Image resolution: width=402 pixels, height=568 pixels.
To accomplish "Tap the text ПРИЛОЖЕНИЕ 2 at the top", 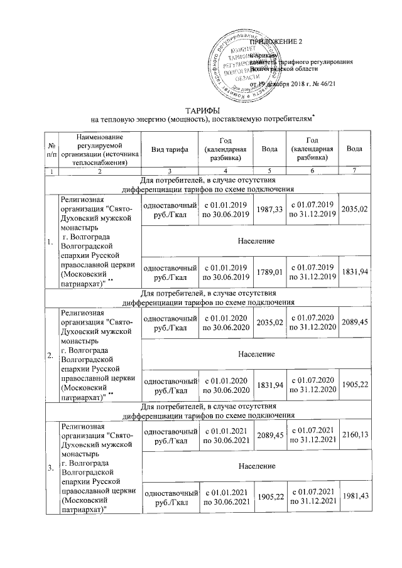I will [276, 41].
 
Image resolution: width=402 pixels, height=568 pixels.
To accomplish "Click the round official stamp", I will [247, 66].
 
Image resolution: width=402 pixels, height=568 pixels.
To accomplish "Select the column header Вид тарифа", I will [170, 149].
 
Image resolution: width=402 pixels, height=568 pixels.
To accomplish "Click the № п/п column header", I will [50, 149].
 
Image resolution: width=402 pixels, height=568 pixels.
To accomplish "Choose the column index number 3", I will [170, 171].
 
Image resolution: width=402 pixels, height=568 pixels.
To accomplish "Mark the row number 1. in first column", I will [50, 240].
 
